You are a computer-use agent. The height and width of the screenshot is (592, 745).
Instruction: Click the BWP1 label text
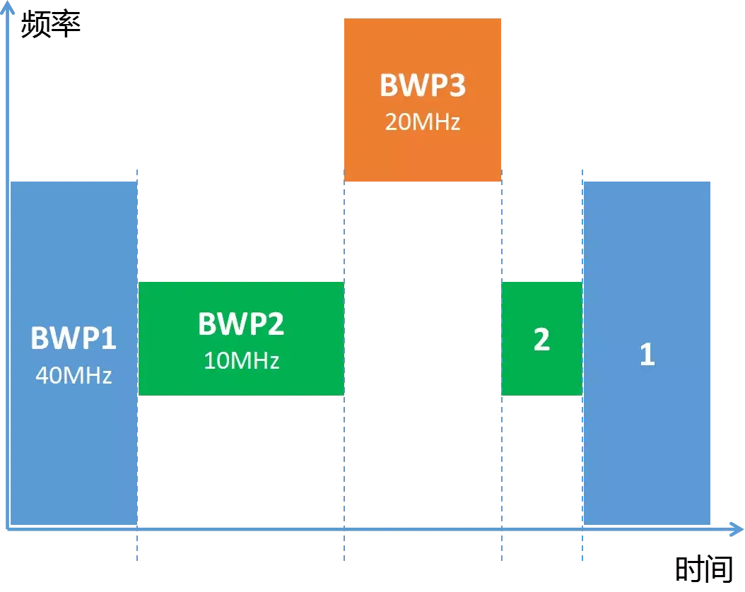tap(73, 338)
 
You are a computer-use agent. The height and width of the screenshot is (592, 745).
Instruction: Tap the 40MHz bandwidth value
tap(73, 374)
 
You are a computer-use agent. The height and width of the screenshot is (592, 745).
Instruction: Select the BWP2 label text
tap(241, 324)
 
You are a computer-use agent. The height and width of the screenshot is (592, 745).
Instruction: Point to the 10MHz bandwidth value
tap(241, 360)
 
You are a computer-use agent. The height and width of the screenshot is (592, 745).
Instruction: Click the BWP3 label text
tap(423, 85)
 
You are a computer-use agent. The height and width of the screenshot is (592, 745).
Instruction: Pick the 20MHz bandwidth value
tap(423, 122)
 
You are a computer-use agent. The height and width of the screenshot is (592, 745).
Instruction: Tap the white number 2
tap(541, 340)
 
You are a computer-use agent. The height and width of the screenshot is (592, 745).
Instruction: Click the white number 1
tap(647, 355)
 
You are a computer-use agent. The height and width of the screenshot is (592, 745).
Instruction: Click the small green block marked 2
tap(541, 374)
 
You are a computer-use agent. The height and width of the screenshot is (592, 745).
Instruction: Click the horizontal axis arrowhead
tap(735, 528)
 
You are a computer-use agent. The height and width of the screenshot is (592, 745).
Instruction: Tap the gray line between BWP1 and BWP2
tap(138, 226)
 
